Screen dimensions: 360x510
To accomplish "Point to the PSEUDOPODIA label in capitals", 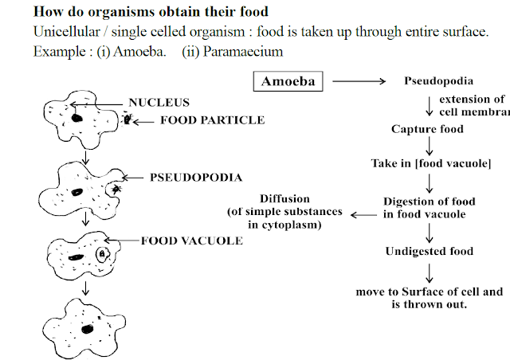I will [185, 177].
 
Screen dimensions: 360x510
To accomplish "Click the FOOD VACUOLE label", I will [192, 239].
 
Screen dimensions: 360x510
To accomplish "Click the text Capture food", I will [426, 128].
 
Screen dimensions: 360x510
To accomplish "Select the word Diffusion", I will [284, 199].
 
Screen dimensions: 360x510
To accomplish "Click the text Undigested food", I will [430, 251].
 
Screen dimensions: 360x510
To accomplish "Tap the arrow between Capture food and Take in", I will [429, 146].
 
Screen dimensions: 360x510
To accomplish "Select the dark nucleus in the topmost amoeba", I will [78, 118].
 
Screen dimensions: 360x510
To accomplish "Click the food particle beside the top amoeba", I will [127, 119].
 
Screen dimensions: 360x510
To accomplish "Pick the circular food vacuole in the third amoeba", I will [104, 255].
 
